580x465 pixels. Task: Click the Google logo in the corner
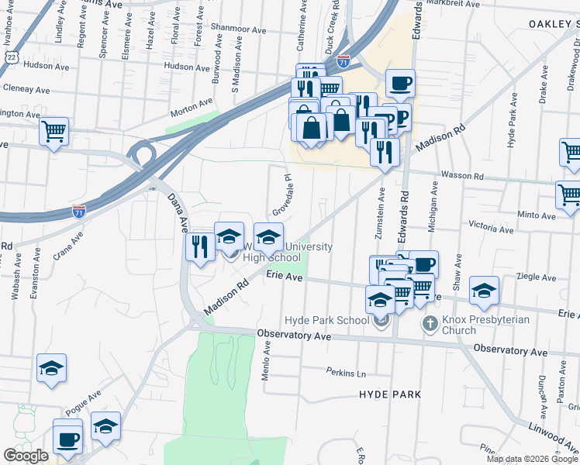tap(26, 456)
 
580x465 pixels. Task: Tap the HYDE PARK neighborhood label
tap(390, 394)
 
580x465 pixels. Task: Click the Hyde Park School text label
tap(326, 320)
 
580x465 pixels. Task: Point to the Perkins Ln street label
tap(345, 371)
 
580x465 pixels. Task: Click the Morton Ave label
tap(192, 103)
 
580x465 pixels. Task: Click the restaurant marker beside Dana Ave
tap(200, 246)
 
